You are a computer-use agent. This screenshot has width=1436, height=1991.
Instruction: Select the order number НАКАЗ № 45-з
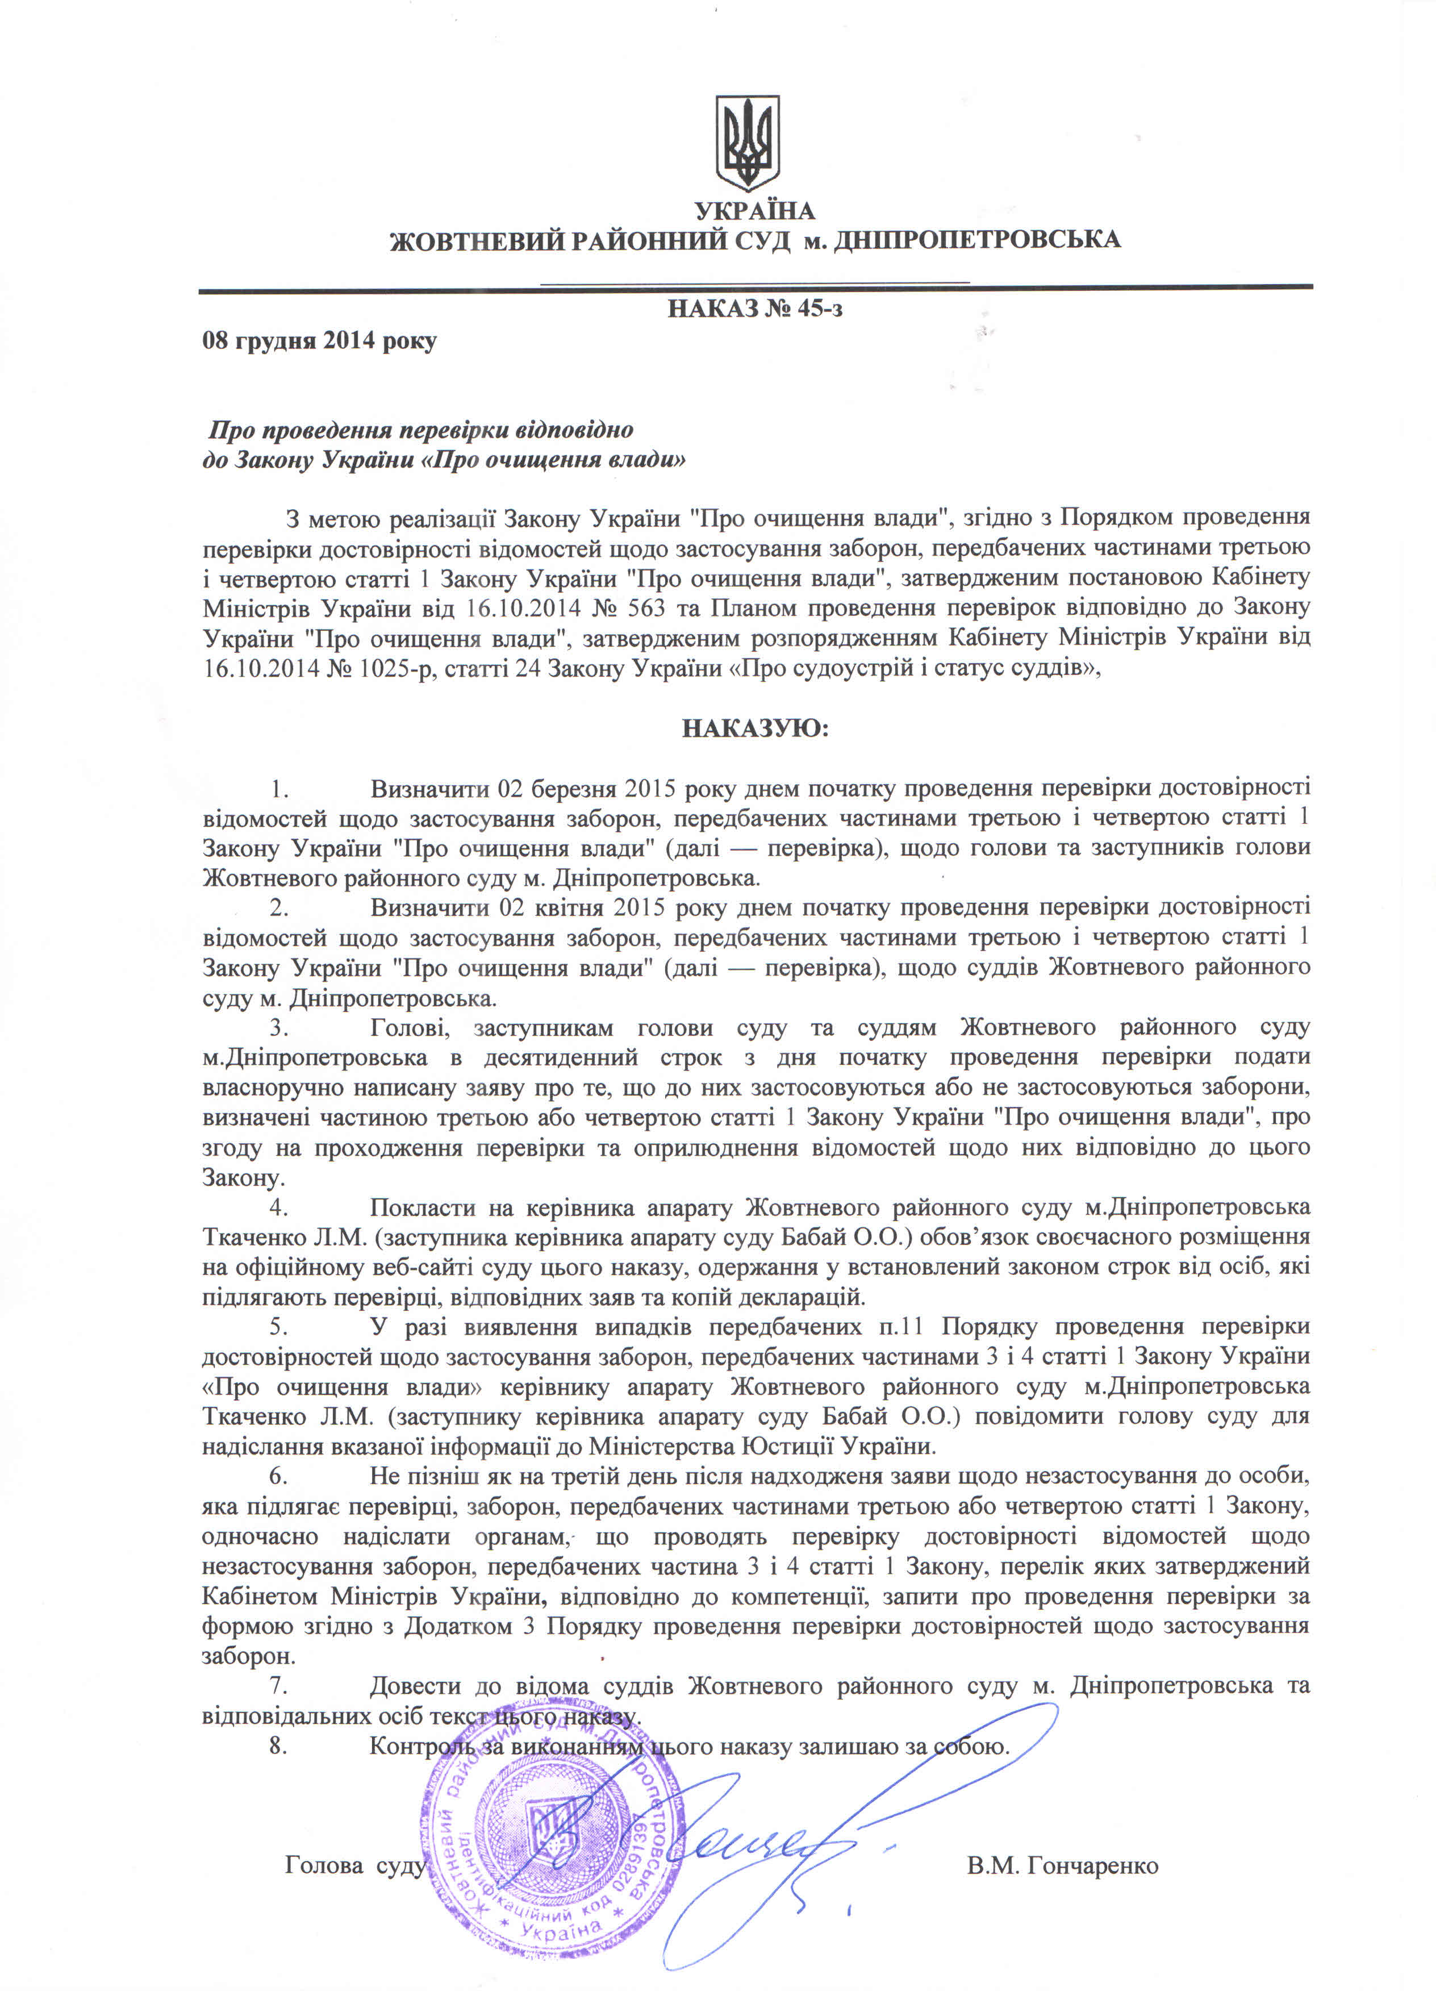click(755, 309)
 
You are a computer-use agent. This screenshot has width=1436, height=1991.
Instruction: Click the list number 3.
click(278, 1027)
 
